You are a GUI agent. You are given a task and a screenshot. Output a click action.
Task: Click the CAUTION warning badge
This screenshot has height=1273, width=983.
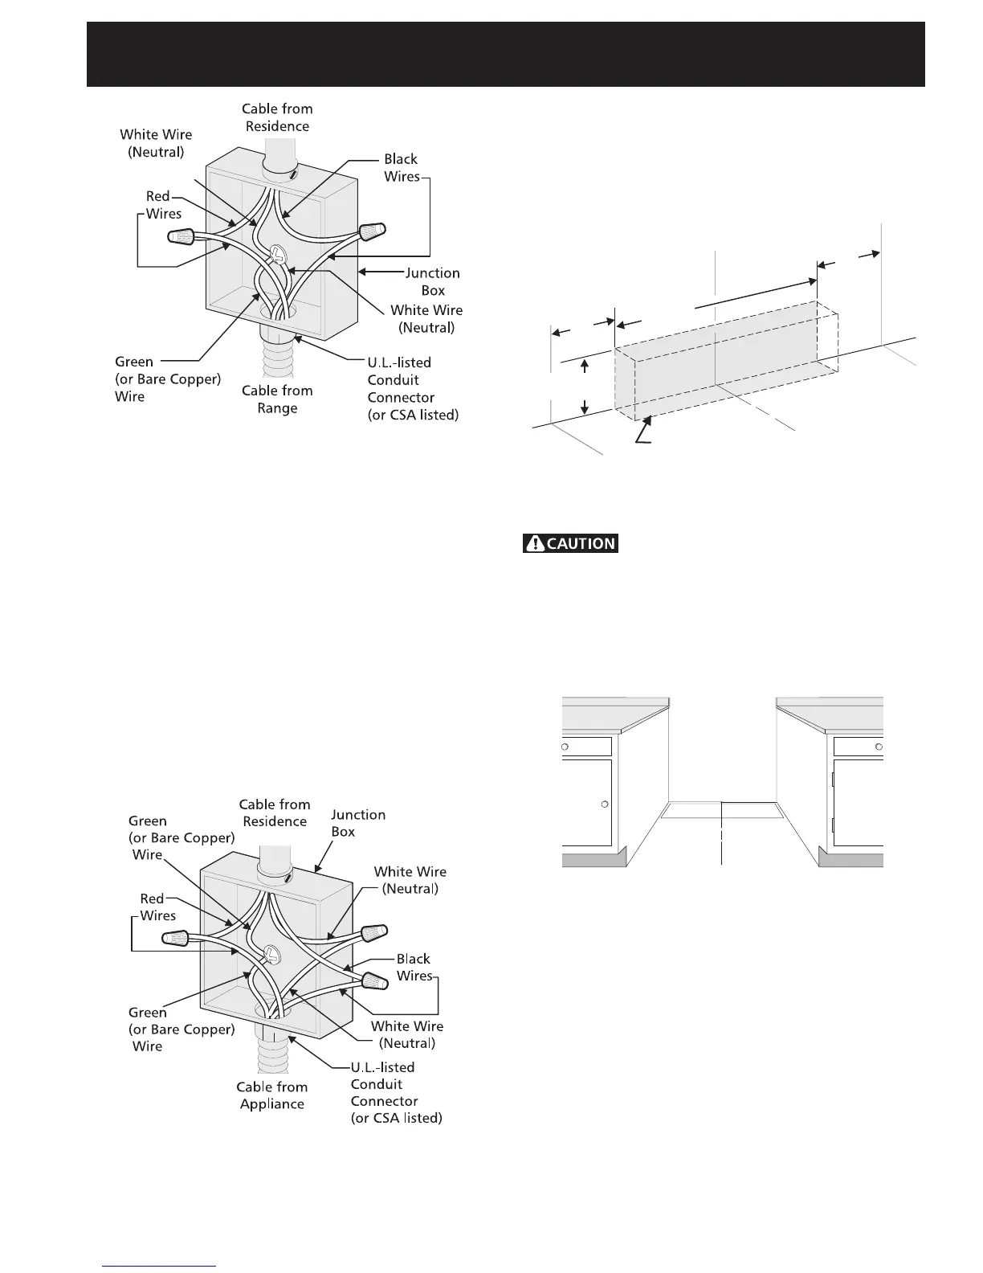pos(570,543)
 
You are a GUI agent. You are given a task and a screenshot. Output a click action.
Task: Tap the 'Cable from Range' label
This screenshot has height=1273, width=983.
pos(277,399)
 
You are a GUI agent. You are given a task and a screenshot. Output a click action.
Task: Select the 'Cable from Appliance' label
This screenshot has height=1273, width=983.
pos(271,1095)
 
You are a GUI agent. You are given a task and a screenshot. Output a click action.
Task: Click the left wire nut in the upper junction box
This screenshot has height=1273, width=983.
pos(182,236)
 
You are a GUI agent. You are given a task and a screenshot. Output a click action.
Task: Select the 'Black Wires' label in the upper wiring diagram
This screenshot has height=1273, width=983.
pos(401,168)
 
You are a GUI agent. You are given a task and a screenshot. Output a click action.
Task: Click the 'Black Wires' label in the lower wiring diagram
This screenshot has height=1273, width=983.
pos(414,968)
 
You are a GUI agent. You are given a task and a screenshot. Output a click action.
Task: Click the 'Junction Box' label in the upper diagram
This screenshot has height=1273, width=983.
pos(432,282)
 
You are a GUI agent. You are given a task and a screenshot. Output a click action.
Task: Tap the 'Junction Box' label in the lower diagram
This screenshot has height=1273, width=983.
pos(357,823)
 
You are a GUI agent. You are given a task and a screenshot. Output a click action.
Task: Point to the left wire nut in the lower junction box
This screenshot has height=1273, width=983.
pos(177,938)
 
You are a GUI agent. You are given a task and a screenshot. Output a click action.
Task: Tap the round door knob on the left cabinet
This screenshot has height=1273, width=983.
pos(605,804)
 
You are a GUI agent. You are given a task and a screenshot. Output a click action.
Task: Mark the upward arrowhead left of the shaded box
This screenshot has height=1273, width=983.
pos(585,366)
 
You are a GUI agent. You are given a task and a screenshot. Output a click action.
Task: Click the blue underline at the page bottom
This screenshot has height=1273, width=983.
pos(160,1267)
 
